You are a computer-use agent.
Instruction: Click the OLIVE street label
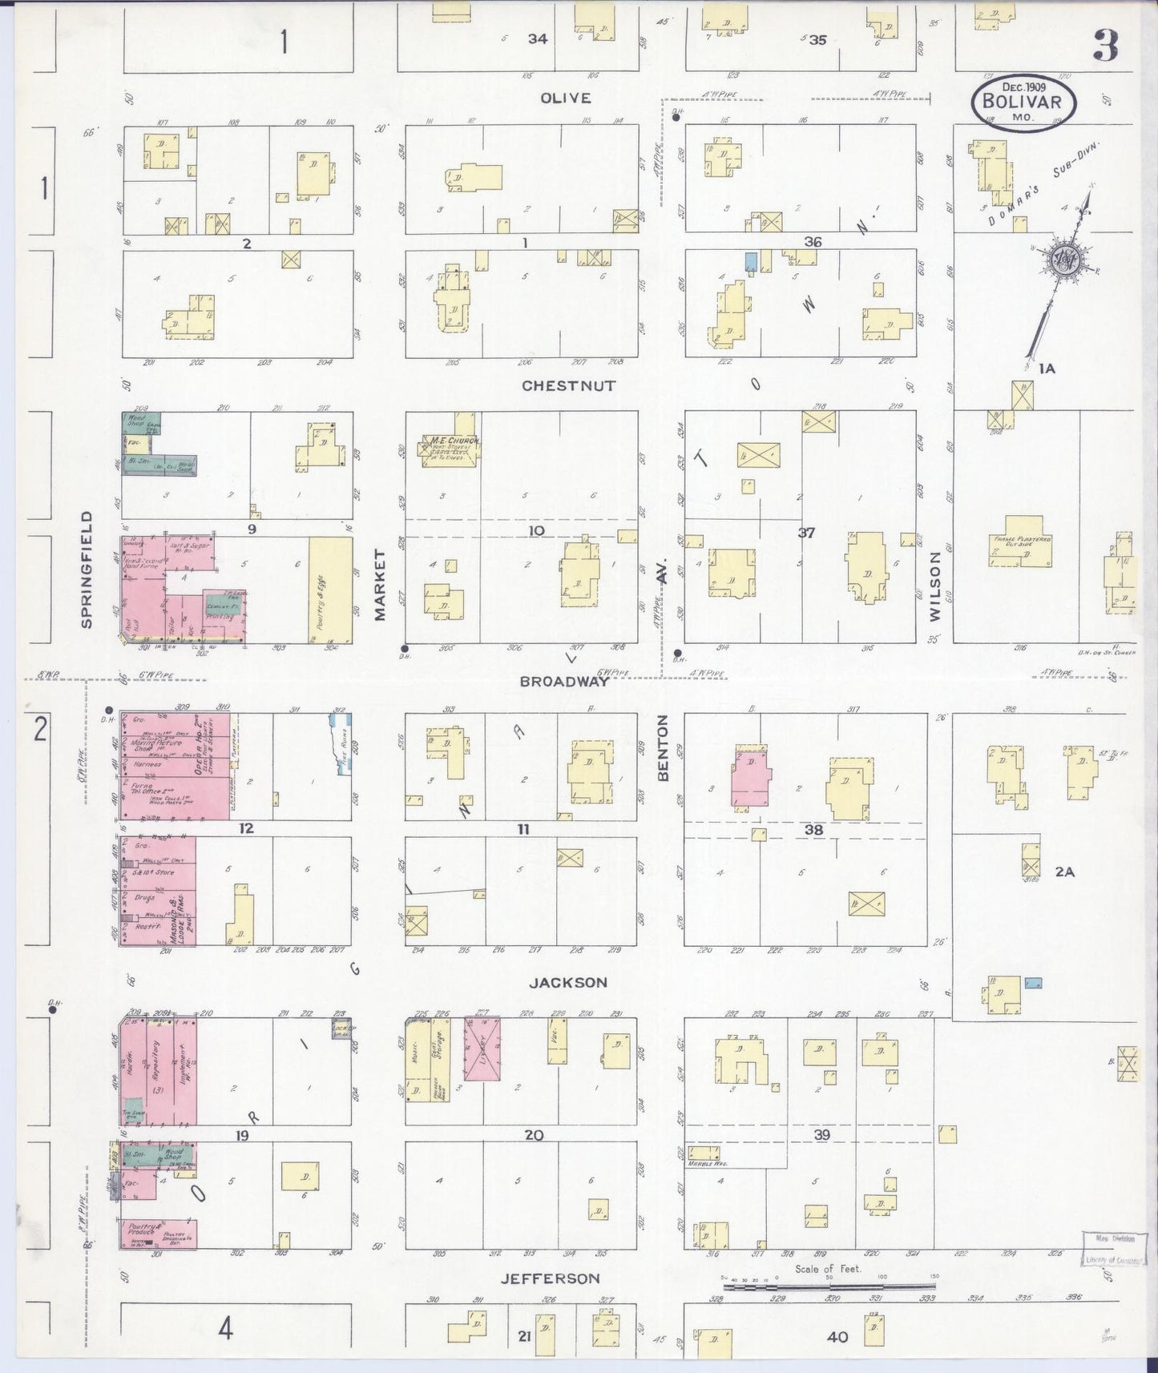point(565,98)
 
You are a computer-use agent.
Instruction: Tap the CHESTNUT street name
point(568,385)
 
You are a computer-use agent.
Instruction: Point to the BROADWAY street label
point(564,681)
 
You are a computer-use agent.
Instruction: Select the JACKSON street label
point(568,982)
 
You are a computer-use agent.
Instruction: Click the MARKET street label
point(380,585)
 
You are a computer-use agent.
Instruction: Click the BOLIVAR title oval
point(1023,103)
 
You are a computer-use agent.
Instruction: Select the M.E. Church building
point(452,450)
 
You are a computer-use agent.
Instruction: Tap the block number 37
point(805,532)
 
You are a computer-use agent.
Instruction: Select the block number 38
point(813,830)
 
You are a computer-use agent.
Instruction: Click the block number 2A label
point(1064,872)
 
